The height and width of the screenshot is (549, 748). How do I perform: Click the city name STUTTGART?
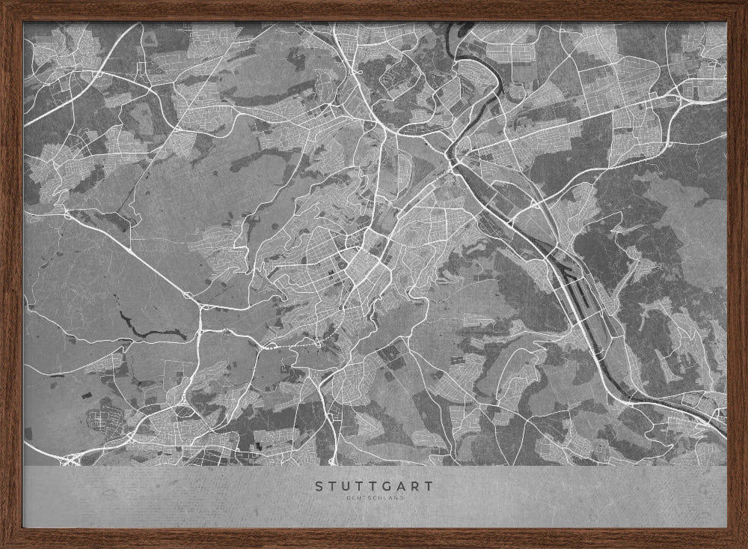coord(373,486)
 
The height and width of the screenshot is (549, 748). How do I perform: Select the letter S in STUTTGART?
coord(319,486)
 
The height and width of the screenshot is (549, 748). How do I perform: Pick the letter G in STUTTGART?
coord(389,486)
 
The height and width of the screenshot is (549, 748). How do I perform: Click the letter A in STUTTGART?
coord(402,486)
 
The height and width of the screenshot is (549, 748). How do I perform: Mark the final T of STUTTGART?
coord(428,486)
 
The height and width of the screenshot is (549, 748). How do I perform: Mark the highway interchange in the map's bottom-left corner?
coord(71,458)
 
